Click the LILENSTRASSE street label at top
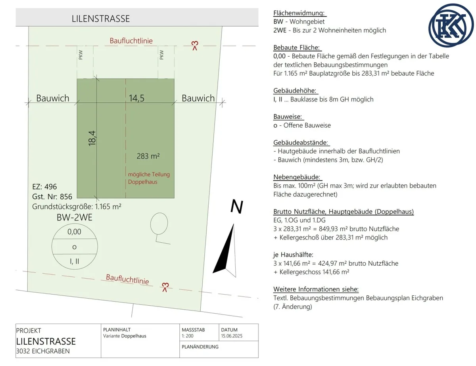click(x=100, y=19)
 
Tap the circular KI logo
click(x=451, y=25)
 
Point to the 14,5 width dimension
click(x=136, y=98)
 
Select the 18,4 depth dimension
click(x=92, y=138)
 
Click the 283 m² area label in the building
click(x=148, y=156)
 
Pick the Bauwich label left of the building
click(x=53, y=98)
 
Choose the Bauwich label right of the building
click(x=198, y=98)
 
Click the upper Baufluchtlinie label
click(x=131, y=41)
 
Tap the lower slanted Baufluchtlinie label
click(x=127, y=279)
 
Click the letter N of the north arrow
click(x=237, y=206)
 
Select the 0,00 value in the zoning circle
click(x=74, y=232)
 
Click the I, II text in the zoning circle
click(x=75, y=261)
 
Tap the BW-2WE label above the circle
click(x=75, y=217)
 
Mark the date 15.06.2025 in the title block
click(x=232, y=336)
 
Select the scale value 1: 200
click(x=188, y=336)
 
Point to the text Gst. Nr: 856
click(x=52, y=197)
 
